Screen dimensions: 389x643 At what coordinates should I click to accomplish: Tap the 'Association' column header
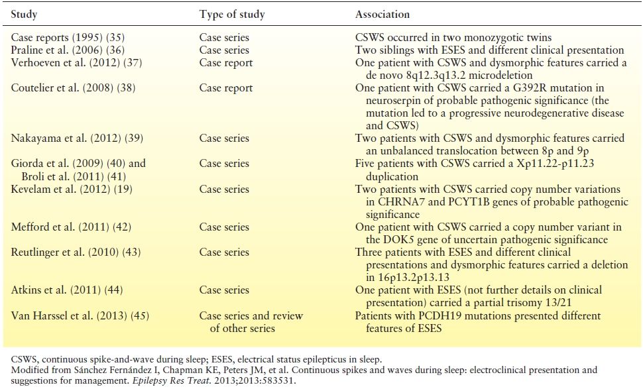(x=382, y=14)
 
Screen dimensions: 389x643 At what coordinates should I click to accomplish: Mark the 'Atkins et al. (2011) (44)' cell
(x=67, y=290)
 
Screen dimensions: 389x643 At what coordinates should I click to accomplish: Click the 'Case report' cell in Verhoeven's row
(x=225, y=63)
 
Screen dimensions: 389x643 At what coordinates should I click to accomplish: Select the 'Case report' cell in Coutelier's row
(x=225, y=88)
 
